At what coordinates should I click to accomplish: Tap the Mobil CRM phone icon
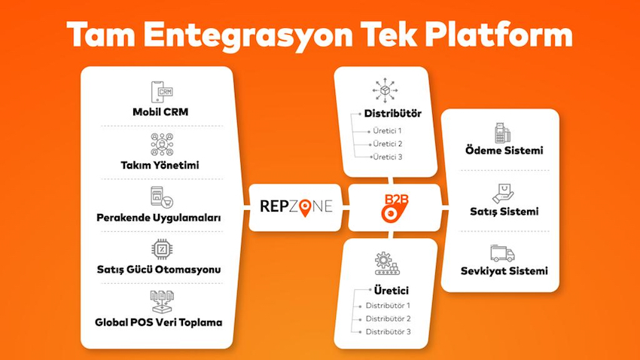(x=162, y=92)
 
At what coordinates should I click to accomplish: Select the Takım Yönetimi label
(x=160, y=165)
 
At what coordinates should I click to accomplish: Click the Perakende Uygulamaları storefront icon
(x=162, y=197)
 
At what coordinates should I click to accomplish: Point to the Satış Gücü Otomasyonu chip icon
(x=162, y=249)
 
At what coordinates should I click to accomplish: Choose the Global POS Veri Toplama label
(x=159, y=322)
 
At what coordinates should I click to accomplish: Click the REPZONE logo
(x=297, y=206)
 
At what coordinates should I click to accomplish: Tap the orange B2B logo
(x=395, y=208)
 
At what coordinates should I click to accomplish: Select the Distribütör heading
(x=392, y=114)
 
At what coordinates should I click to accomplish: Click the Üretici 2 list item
(x=387, y=144)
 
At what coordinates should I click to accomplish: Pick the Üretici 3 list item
(x=387, y=157)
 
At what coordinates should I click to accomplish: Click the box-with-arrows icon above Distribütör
(x=385, y=90)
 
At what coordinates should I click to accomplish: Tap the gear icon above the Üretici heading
(x=387, y=264)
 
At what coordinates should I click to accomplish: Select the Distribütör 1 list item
(x=388, y=305)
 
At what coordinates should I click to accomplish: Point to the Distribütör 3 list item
(x=389, y=332)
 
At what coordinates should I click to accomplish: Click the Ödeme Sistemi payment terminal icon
(x=502, y=133)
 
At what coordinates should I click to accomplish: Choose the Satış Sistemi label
(x=504, y=212)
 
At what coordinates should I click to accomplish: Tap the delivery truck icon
(x=502, y=254)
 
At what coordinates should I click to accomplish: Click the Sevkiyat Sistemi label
(x=504, y=271)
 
